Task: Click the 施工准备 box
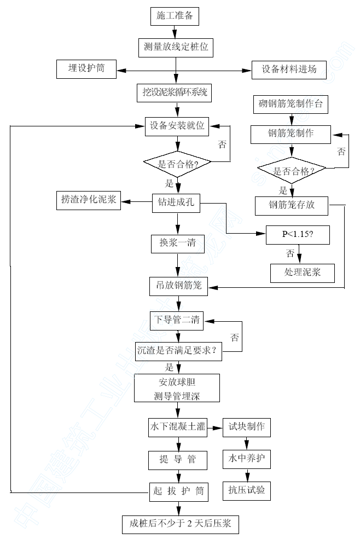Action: click(x=175, y=16)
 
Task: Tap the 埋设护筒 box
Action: click(x=87, y=69)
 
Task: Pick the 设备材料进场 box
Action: click(x=289, y=69)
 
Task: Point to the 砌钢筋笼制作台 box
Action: click(x=291, y=104)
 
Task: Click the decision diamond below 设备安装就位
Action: click(x=177, y=163)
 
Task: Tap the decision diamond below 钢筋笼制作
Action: click(x=293, y=171)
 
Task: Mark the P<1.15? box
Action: click(x=298, y=234)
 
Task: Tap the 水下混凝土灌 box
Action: click(x=177, y=427)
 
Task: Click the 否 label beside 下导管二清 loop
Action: click(x=235, y=337)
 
